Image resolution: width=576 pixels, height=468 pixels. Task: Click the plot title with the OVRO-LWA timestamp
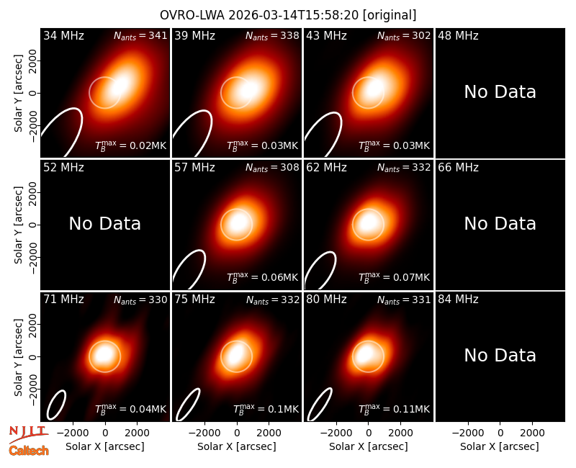click(x=288, y=15)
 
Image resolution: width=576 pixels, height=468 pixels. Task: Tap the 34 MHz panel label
click(x=63, y=35)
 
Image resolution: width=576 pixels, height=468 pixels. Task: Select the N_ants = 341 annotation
click(x=140, y=35)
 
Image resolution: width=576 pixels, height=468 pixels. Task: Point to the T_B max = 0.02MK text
click(x=131, y=145)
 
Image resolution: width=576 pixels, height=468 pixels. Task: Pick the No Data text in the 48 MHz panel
click(x=500, y=92)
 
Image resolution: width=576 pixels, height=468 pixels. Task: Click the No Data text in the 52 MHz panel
click(x=104, y=224)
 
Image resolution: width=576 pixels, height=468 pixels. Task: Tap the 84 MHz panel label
click(x=458, y=300)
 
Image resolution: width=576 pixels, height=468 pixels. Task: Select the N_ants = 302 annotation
click(x=404, y=35)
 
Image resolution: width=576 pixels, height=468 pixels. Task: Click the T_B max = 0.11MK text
click(x=394, y=409)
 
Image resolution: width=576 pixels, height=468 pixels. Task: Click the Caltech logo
click(x=29, y=451)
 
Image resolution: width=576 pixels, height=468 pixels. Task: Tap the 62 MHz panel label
click(x=327, y=168)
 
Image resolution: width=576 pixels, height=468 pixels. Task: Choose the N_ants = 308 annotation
click(x=272, y=168)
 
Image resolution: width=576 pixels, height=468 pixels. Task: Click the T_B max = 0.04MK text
click(x=131, y=409)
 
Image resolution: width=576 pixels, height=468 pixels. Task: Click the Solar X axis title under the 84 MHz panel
click(x=500, y=446)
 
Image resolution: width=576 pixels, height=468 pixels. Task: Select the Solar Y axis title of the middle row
click(x=19, y=225)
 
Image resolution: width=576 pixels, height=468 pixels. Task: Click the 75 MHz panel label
click(x=194, y=300)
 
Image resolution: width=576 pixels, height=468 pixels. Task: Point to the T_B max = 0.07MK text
click(x=394, y=277)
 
